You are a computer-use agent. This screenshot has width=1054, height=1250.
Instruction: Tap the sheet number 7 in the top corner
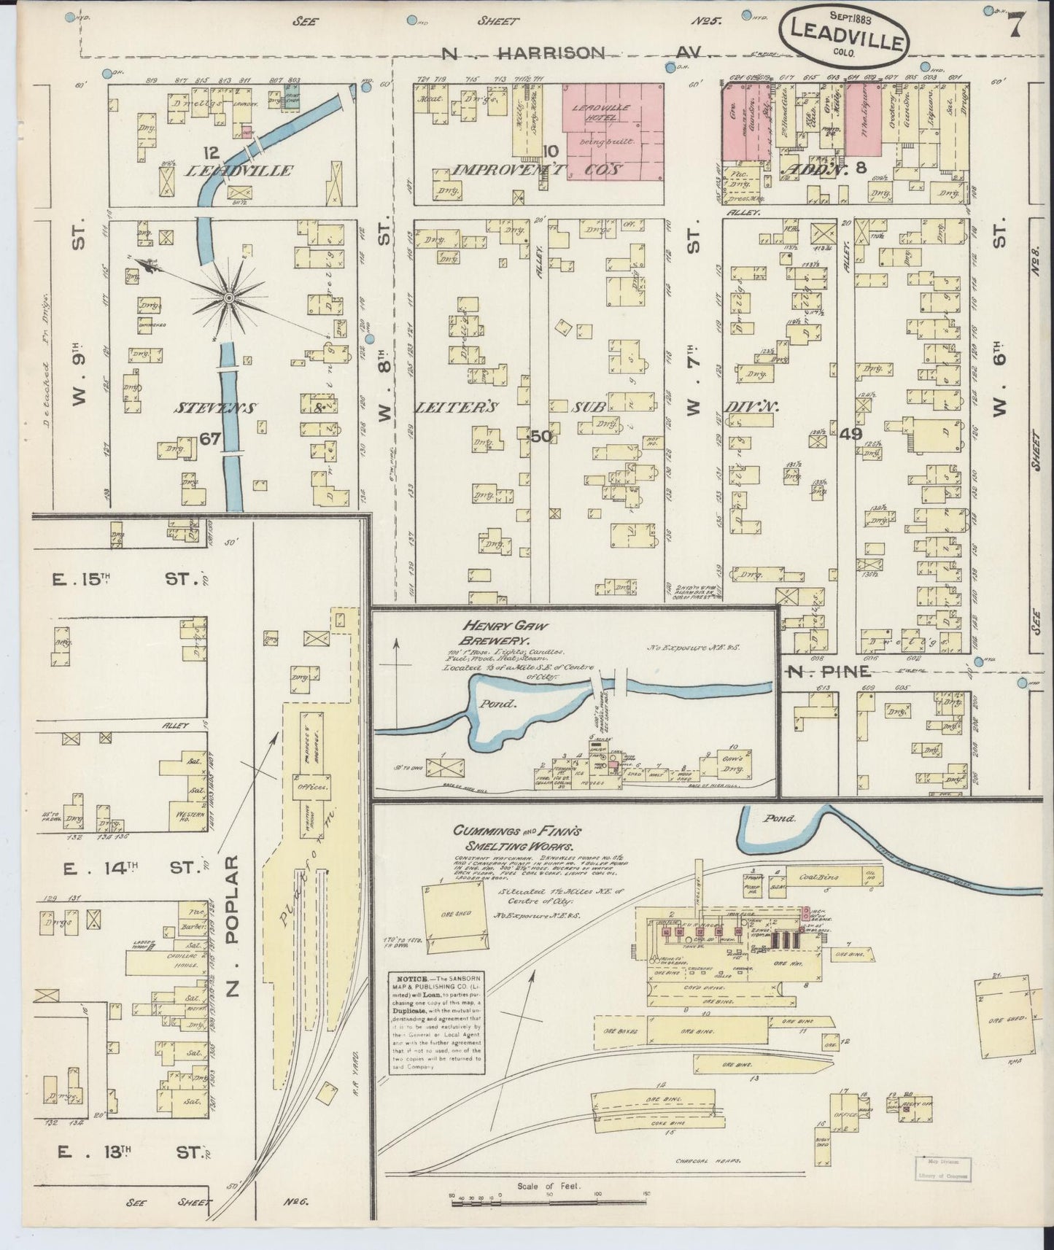(x=1013, y=28)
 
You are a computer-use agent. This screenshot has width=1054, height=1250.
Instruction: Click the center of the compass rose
(x=229, y=298)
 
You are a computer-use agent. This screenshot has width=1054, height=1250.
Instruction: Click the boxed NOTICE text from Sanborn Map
(x=436, y=1021)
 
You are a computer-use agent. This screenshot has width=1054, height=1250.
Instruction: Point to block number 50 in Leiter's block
(x=540, y=436)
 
